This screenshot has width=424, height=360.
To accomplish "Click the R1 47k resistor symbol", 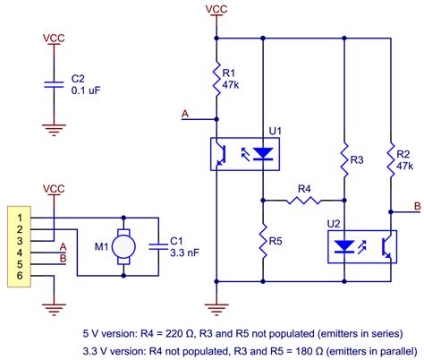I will (x=217, y=79).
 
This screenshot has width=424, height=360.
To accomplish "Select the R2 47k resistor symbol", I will (x=391, y=162).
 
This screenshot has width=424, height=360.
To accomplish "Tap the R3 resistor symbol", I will (x=345, y=160).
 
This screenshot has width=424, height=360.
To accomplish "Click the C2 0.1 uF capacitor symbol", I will (x=55, y=84).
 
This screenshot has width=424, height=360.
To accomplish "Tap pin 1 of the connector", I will (x=17, y=218).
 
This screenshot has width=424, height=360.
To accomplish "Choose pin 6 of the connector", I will (x=17, y=277).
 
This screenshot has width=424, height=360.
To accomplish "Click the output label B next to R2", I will (x=417, y=209).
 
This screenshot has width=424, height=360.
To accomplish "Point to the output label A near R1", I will (x=185, y=114).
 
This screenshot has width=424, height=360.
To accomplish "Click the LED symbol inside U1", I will (x=262, y=153).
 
